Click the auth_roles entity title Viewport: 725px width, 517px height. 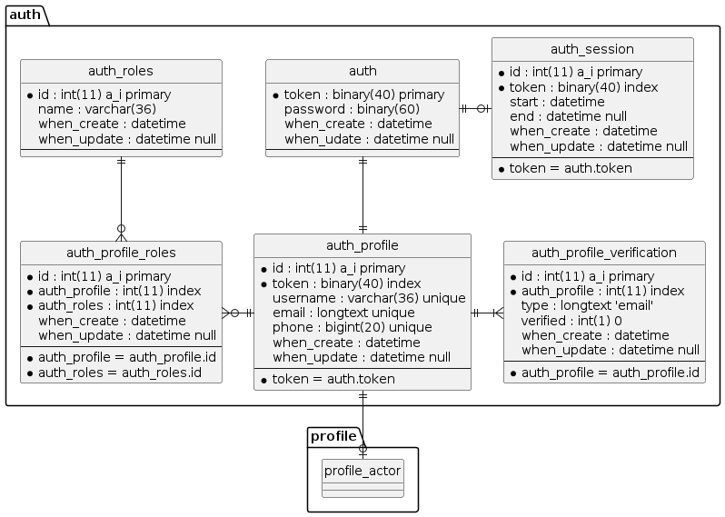click(121, 71)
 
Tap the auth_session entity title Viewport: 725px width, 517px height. click(592, 49)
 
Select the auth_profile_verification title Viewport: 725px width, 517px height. click(604, 253)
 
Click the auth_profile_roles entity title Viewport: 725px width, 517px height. click(121, 253)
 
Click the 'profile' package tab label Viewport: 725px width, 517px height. click(333, 437)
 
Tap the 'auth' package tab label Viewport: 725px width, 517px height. click(24, 15)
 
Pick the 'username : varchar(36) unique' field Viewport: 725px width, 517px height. click(369, 298)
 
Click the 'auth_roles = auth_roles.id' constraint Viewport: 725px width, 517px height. click(119, 372)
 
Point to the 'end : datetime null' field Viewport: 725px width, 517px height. click(568, 116)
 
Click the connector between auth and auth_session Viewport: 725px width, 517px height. click(475, 109)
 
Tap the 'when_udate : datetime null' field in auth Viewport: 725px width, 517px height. click(369, 138)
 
